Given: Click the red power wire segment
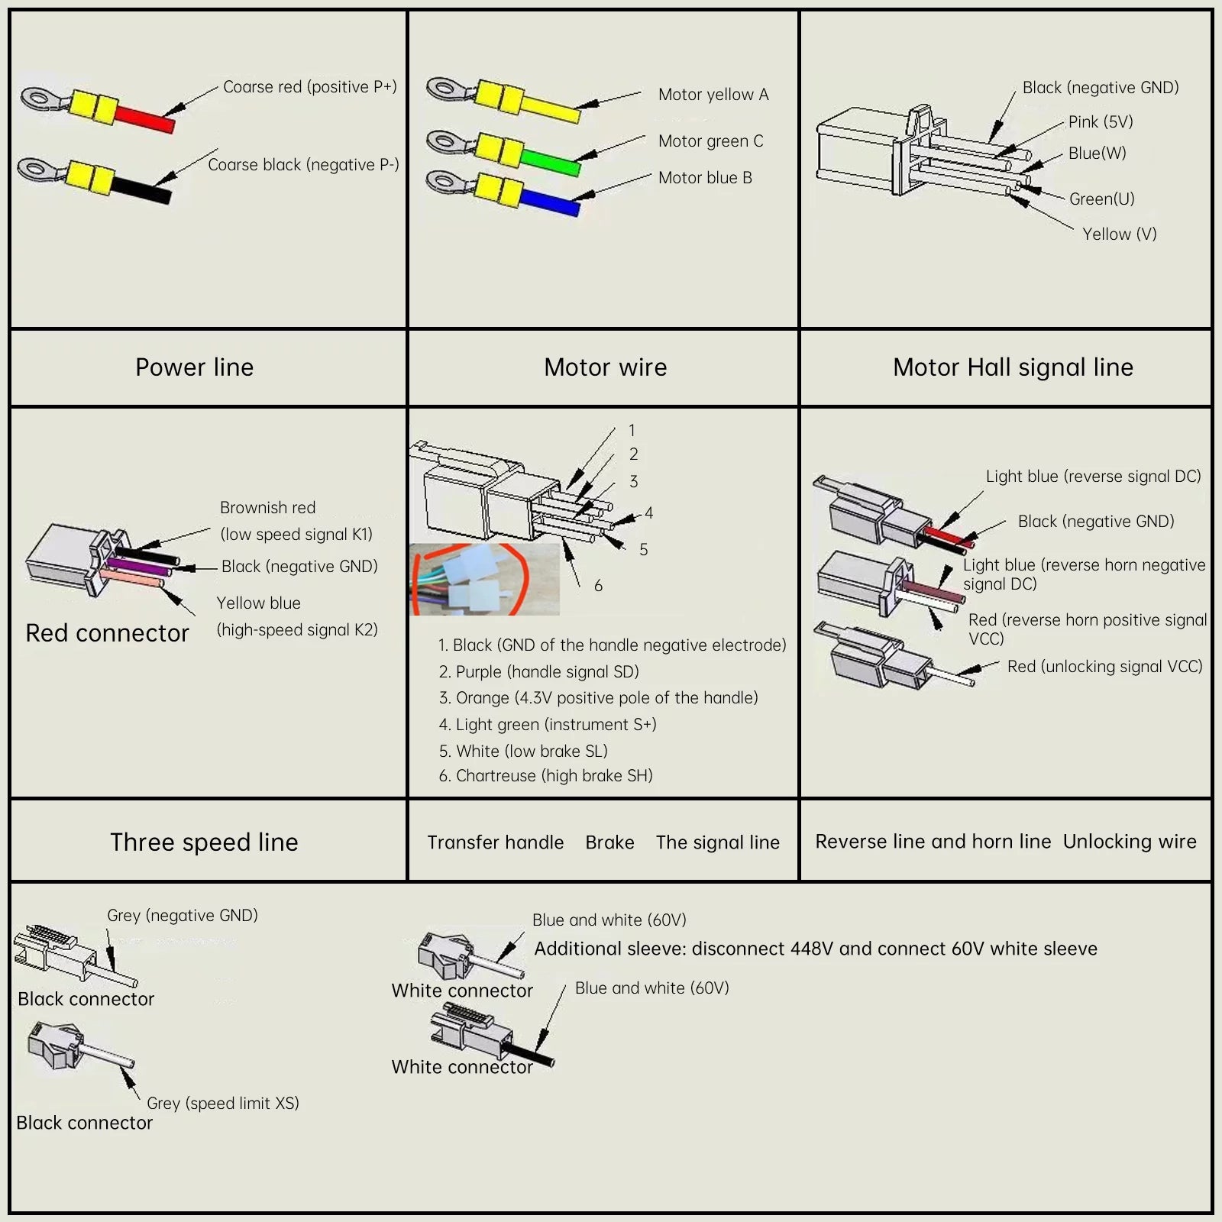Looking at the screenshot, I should coord(145,118).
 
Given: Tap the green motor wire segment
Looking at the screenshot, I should coord(551,161).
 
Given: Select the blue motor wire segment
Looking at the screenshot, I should coord(550,202).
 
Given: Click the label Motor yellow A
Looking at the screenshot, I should coord(713,95).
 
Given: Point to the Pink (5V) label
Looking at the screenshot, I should coord(1100,122).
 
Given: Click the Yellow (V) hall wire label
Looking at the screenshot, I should coord(1119,234).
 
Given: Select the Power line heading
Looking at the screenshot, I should coord(194,367).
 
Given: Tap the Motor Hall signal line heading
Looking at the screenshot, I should coord(1013,367).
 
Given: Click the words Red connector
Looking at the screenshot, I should coord(107,633).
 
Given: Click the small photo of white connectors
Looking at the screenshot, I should coord(485,579).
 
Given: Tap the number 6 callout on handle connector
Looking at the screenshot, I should coord(598,586).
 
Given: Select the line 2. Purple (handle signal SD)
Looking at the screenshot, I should coord(538,671).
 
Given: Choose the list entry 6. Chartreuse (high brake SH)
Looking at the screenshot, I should coord(545,776).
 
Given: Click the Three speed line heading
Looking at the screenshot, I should coord(204,842).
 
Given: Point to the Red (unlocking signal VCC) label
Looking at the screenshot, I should coord(1104,667).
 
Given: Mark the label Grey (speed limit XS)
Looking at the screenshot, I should coord(222,1103).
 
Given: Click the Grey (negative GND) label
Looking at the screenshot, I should coord(183,915).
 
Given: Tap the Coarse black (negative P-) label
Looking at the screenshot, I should coord(303,165).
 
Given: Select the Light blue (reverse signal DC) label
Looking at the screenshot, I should coord(1093,477).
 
